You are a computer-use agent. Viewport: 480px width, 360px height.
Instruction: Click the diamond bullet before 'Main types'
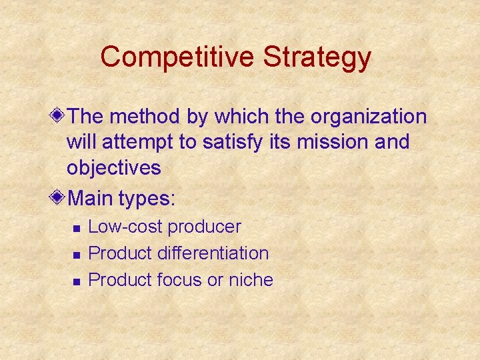tap(59, 198)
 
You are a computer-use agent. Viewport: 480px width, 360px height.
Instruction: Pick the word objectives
tap(113, 168)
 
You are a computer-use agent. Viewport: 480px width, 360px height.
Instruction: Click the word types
tap(148, 199)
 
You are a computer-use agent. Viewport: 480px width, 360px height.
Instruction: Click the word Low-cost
tap(125, 227)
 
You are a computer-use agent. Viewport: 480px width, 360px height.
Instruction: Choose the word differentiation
tap(213, 253)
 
